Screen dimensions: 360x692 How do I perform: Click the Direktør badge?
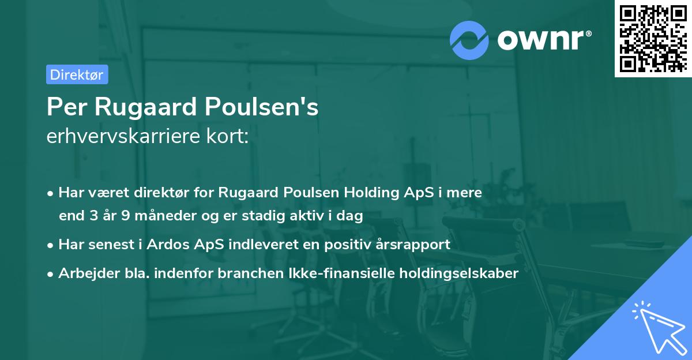click(x=77, y=74)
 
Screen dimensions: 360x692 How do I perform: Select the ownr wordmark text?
click(x=542, y=39)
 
